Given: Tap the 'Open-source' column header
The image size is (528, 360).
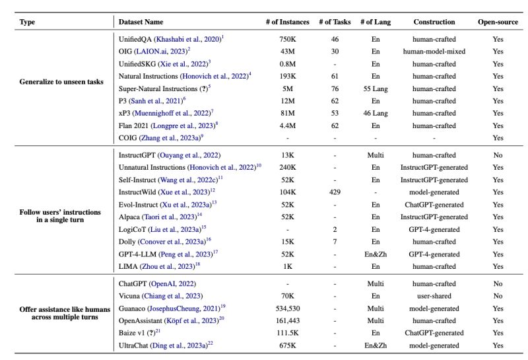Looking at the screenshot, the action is coord(498,22).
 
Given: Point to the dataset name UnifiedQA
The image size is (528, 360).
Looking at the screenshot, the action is coord(136,38).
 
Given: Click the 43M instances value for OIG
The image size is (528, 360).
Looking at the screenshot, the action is coord(287,51).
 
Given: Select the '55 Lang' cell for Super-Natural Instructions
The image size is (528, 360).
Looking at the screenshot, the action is coord(376,89).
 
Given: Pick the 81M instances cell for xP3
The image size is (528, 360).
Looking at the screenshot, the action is coord(287,114).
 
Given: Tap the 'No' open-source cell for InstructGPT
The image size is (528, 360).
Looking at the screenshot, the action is coord(498,155).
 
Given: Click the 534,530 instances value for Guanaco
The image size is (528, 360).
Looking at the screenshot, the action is coord(287,308).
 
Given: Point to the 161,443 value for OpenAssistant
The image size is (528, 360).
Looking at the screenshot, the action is coord(287,321).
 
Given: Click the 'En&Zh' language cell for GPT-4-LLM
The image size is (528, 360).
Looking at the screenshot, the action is coord(376,254).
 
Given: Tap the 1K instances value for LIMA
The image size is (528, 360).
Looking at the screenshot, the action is coord(287,267).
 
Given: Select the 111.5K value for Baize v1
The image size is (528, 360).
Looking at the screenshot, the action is coord(287,334).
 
